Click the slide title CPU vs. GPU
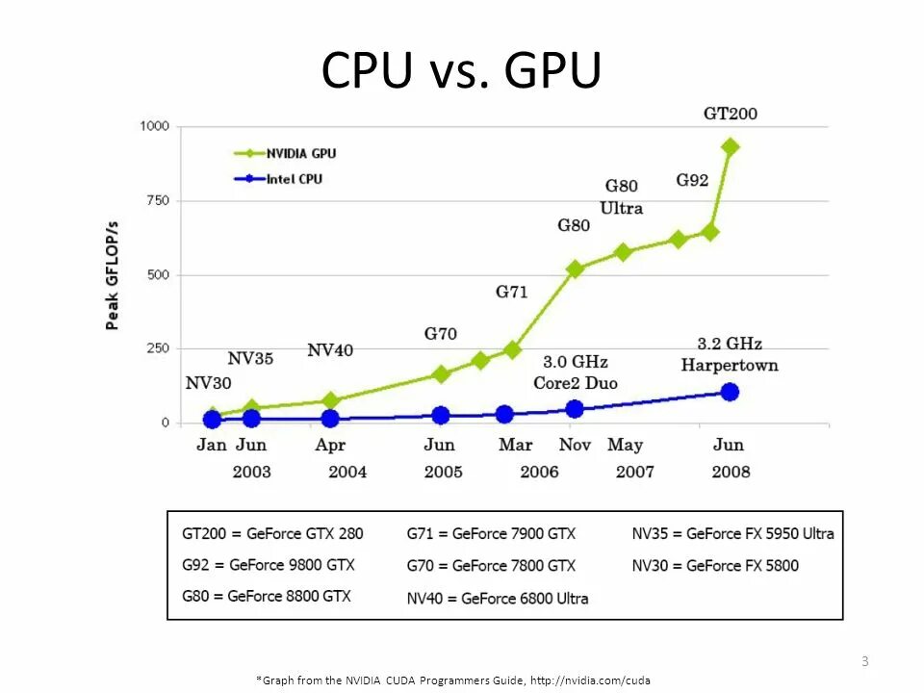461,70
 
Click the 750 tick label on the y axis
157,200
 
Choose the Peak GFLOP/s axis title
113,274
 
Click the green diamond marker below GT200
730,147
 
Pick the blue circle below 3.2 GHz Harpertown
730,392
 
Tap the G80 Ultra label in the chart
622,196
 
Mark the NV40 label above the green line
330,350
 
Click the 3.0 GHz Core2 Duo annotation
576,372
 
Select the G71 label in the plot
511,291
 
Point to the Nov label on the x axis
575,445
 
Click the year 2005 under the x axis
443,472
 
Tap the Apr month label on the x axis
330,445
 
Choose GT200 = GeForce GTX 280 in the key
273,533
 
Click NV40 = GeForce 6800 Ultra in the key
498,598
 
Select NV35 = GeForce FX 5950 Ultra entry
732,533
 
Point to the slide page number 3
864,660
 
